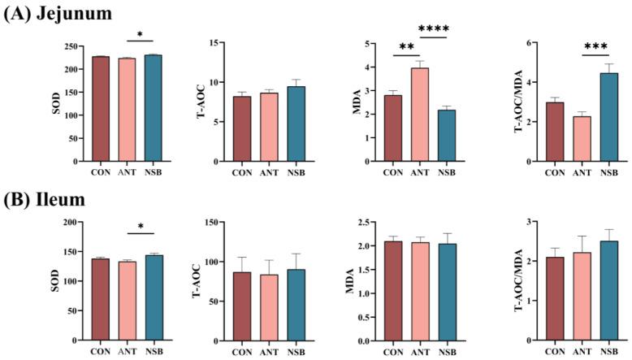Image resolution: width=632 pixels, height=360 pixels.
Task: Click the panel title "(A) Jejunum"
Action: (x=58, y=13)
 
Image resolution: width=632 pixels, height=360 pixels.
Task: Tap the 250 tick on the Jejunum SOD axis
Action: (x=76, y=46)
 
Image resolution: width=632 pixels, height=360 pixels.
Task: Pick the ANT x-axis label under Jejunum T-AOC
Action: (x=269, y=172)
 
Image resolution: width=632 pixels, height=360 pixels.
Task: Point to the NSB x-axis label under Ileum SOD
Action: (x=153, y=352)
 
